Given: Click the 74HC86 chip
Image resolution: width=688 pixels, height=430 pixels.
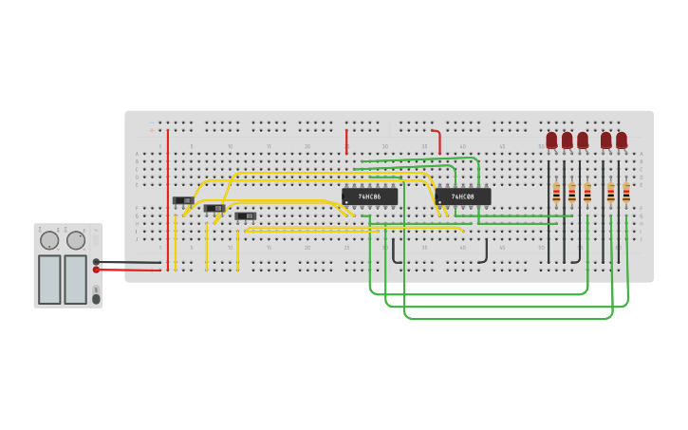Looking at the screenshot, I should point(369,196).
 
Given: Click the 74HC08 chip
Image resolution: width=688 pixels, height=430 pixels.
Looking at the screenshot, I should point(463,196).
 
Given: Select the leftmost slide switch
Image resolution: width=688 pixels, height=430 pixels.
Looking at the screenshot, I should point(182,200).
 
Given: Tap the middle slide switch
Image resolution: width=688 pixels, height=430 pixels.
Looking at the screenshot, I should point(214,208).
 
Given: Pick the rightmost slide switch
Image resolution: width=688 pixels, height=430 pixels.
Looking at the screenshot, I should point(246,215).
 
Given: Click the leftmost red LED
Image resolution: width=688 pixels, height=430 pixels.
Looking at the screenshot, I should point(551,140).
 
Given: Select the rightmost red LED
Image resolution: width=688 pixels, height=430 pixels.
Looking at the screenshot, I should point(622,140).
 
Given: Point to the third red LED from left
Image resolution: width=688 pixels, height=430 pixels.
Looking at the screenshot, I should point(583,140).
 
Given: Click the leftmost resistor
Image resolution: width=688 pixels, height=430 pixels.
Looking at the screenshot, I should point(556,194).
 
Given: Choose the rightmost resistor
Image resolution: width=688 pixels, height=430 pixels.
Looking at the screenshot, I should point(626,194).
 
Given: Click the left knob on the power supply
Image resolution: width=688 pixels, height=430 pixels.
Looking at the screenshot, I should point(49,240).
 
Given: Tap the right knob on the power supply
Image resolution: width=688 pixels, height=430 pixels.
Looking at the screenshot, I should point(76,240).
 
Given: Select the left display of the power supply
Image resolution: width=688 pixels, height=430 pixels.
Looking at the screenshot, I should point(49,279).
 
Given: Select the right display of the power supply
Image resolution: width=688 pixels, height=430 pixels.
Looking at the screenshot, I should point(76,279).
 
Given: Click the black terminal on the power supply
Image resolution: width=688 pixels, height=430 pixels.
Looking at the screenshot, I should point(96,262).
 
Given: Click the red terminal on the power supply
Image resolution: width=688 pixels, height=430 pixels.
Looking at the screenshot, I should point(96,270).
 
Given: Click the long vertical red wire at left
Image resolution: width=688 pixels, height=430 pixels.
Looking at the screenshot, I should point(168,199).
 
